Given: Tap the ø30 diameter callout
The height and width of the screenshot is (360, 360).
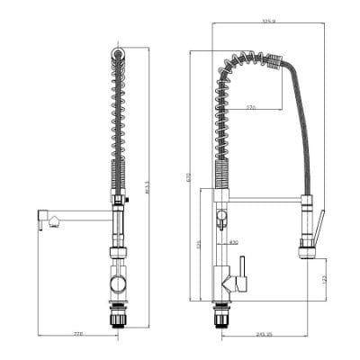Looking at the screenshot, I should pyautogui.click(x=233, y=242).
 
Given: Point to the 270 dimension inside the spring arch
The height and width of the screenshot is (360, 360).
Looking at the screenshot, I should pyautogui.click(x=251, y=108).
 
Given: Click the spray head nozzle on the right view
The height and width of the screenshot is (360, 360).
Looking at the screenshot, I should pyautogui.click(x=306, y=253).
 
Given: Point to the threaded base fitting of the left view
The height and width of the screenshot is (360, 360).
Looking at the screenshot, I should pyautogui.click(x=118, y=316).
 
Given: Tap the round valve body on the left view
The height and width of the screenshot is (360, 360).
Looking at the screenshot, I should pyautogui.click(x=118, y=285).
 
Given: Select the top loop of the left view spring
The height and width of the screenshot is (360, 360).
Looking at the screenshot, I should pyautogui.click(x=118, y=56).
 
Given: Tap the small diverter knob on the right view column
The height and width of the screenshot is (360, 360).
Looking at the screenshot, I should pyautogui.click(x=219, y=217).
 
